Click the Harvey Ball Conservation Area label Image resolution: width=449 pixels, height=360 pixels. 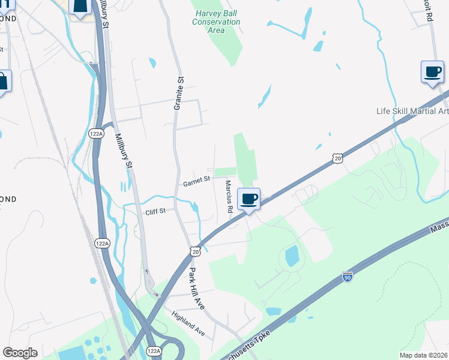[216, 22]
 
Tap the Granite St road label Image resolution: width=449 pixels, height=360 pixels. [178, 94]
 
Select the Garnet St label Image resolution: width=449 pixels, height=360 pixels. [196, 179]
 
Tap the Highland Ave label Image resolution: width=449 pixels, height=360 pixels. [188, 323]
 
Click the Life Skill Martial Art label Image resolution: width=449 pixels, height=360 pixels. [412, 111]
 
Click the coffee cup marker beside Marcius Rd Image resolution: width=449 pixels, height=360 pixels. [249, 199]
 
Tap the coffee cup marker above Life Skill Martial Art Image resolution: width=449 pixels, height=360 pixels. [432, 72]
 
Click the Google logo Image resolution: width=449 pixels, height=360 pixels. [20, 353]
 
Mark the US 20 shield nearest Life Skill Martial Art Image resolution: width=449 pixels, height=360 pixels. [337, 158]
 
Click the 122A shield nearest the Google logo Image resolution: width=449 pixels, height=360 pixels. [154, 351]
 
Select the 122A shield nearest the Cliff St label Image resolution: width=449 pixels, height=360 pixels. [102, 244]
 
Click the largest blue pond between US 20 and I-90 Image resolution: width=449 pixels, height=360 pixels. [292, 256]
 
